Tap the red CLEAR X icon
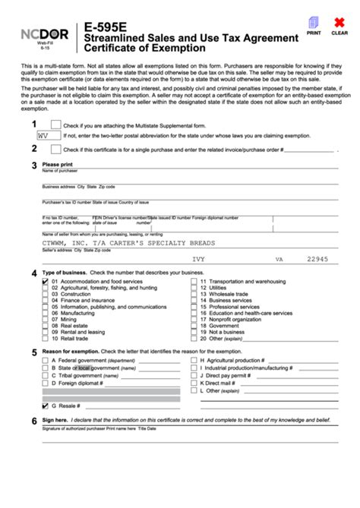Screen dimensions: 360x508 (339, 24)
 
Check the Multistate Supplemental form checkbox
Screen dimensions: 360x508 (55, 125)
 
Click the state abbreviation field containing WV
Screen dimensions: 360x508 (47, 135)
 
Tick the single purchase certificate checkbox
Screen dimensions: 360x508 (55, 150)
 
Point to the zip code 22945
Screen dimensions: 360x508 (317, 259)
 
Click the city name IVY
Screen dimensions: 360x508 (199, 259)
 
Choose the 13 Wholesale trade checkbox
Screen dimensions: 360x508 (193, 294)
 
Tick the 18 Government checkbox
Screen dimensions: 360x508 (193, 326)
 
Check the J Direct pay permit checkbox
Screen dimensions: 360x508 (193, 375)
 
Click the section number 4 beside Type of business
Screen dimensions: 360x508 (33, 273)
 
